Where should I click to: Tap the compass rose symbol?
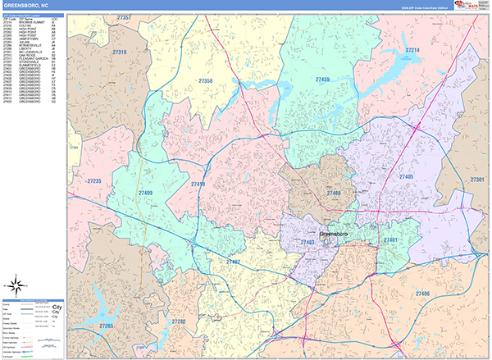coord(16,285)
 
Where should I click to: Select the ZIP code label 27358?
coord(205,81)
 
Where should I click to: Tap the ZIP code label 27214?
coord(412,50)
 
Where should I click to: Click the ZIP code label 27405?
coord(407,176)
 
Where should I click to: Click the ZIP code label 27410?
coord(198,185)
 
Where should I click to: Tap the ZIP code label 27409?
coord(145,193)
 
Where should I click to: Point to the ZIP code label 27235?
coord(93,180)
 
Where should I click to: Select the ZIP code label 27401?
coord(389,239)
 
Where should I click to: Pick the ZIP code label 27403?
coord(307,243)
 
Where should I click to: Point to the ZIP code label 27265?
coord(105,326)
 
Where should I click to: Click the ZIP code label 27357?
coord(124,17)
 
